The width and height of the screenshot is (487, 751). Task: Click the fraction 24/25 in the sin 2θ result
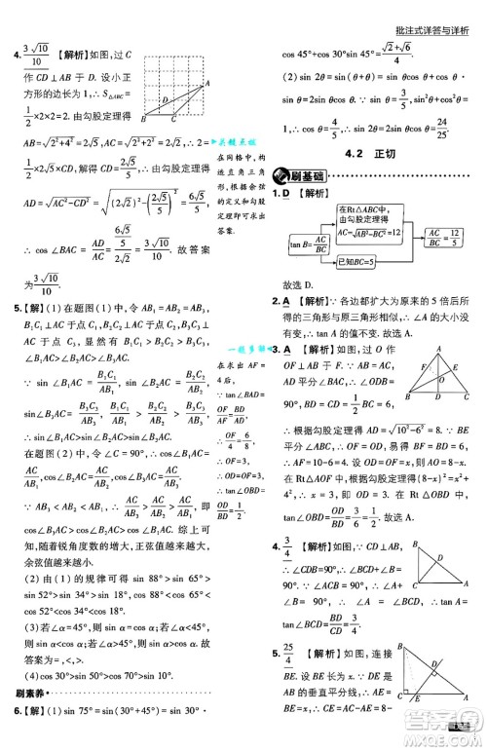443,128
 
